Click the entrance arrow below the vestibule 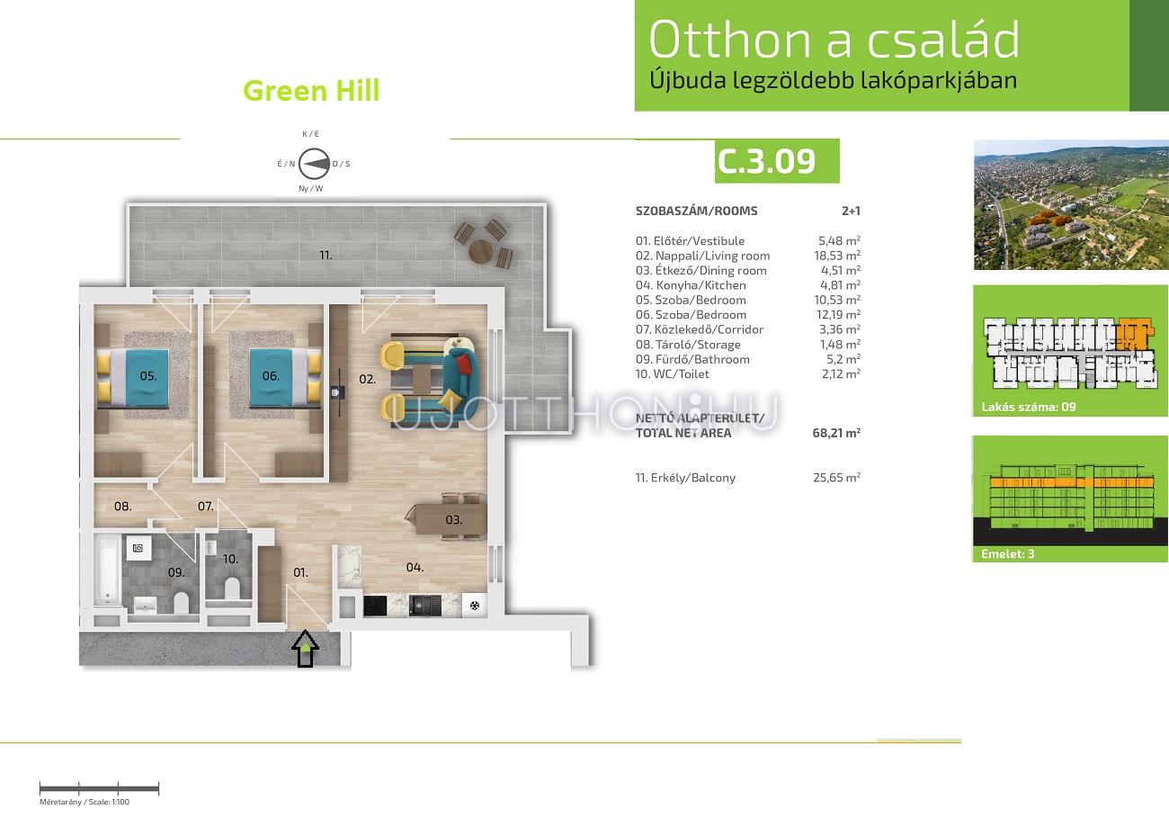306,649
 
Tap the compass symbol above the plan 314,164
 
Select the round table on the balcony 481,251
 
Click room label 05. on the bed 148,375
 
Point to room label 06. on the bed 271,375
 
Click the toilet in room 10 232,588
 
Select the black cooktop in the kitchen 375,607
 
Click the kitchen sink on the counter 421,607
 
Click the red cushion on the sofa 463,363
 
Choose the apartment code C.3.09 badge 777,161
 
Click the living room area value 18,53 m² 837,256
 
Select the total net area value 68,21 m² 836,433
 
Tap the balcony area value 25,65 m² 836,477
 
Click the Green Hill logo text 311,91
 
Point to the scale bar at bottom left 99,788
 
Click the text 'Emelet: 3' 1007,553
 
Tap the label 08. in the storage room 122,506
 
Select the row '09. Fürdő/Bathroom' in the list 748,359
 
